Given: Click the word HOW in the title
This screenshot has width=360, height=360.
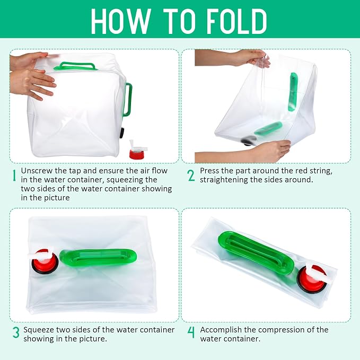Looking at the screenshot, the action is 121,21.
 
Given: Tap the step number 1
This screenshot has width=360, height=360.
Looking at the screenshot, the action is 14,175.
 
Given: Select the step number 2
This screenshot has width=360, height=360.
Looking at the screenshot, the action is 191,175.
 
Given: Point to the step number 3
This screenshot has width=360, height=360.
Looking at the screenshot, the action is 16,332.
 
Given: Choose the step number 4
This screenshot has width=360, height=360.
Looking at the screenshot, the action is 191,332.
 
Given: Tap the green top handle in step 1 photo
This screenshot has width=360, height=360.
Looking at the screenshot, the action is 75,66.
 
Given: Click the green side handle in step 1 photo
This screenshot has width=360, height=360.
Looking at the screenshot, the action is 128,100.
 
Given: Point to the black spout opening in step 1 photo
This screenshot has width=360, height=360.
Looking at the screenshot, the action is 122,134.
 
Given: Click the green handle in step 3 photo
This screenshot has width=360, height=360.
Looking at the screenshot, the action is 98,257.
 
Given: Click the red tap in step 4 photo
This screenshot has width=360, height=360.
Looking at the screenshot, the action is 313,278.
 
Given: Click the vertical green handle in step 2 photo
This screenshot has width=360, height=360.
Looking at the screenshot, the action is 293,92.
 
